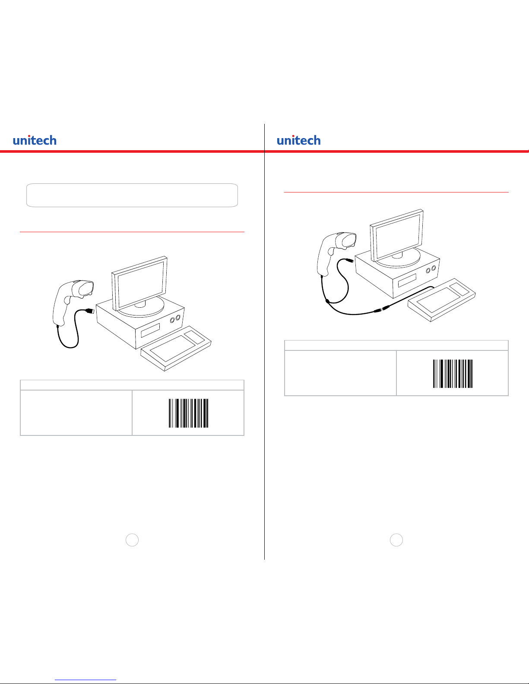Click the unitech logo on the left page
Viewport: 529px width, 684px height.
(x=35, y=140)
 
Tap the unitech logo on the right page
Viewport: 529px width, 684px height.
(x=299, y=140)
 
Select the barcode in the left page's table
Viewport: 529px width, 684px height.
(x=188, y=413)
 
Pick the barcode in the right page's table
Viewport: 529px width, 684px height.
(x=453, y=374)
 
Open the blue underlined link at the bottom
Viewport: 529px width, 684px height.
(x=86, y=680)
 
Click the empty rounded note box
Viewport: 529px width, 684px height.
(x=132, y=195)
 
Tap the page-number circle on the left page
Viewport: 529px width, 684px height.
(x=132, y=540)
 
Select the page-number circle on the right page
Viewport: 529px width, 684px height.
(x=396, y=540)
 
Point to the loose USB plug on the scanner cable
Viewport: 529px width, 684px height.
(x=90, y=311)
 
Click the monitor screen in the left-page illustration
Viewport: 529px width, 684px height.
(x=140, y=284)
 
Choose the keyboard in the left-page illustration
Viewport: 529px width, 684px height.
(x=176, y=348)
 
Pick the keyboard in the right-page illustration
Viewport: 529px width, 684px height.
(x=441, y=300)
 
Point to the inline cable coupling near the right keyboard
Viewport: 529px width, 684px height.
(x=382, y=309)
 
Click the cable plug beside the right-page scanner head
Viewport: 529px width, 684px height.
(x=349, y=261)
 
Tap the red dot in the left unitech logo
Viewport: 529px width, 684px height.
(x=29, y=136)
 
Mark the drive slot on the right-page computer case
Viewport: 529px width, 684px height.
(x=407, y=280)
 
